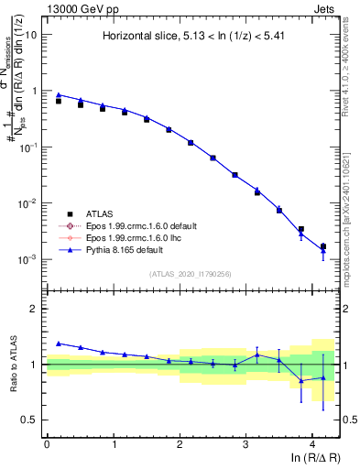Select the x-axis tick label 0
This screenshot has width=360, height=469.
47,442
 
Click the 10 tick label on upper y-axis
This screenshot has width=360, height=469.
30,35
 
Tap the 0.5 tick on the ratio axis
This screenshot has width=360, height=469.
29,420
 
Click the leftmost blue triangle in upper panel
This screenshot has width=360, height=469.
59,94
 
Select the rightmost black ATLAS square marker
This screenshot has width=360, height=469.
322,245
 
